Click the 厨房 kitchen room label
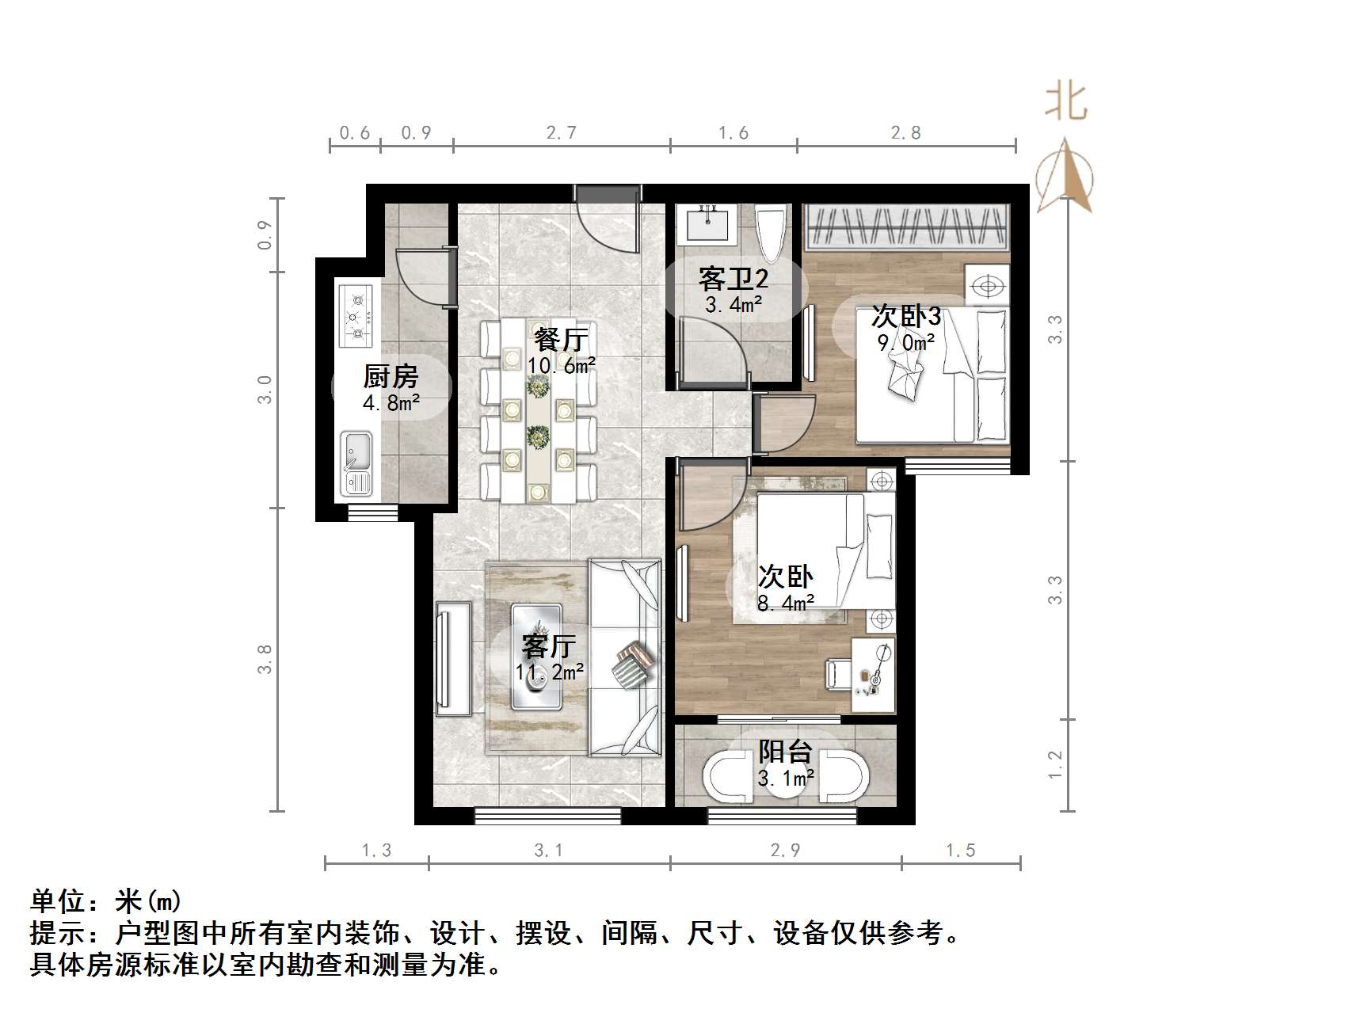[391, 375]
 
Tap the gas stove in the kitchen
[356, 316]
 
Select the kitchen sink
[356, 463]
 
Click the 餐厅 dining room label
[561, 340]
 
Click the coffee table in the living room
[537, 656]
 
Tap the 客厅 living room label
[548, 645]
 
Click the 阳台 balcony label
[785, 751]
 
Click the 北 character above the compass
[1066, 103]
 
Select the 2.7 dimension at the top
[561, 132]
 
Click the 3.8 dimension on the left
[265, 659]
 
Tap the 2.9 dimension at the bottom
[785, 850]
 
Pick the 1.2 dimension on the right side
[1055, 764]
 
